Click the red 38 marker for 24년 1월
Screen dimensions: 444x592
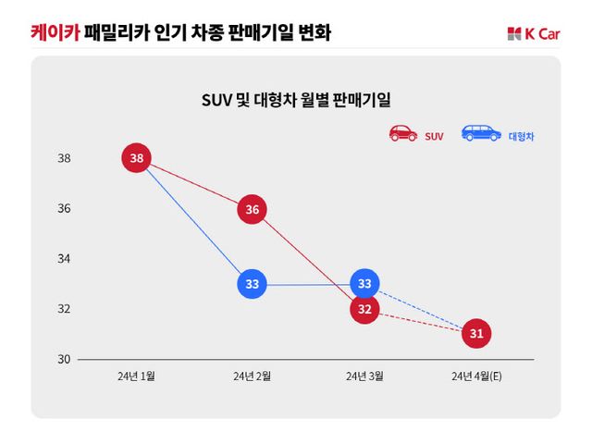pos(137,158)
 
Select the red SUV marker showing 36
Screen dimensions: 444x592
pos(252,210)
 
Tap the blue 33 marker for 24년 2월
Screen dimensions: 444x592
pos(252,284)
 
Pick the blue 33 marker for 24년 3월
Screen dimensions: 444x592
pos(364,284)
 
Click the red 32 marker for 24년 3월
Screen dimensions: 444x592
pos(364,309)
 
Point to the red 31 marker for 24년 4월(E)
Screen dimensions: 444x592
pos(476,333)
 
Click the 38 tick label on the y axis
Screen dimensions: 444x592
pos(65,159)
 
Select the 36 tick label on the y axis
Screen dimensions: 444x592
pos(65,209)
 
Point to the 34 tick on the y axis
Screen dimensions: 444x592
pos(65,259)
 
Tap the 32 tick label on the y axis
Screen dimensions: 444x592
pos(65,309)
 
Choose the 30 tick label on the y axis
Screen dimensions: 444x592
pos(65,359)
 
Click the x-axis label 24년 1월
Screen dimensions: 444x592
pos(137,376)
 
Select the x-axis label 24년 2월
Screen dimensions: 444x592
pos(252,376)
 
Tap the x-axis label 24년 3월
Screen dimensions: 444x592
pos(364,376)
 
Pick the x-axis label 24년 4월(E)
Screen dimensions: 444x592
pos(476,376)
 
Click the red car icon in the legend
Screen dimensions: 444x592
pos(403,133)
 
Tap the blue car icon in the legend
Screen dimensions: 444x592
pos(481,133)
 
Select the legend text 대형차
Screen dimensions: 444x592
pos(522,136)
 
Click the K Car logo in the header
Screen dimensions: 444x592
pos(534,34)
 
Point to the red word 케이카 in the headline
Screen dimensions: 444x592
pos(54,33)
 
